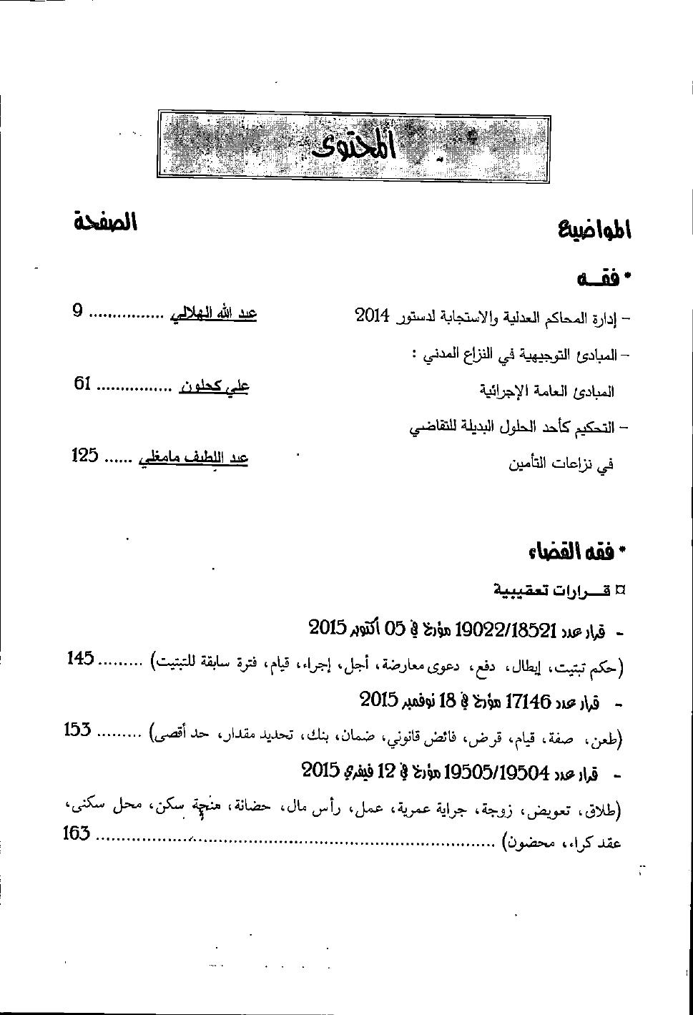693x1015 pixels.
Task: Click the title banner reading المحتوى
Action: (x=354, y=144)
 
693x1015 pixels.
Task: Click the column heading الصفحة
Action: (x=104, y=222)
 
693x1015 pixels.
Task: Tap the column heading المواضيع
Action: (x=595, y=230)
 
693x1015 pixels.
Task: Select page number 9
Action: (x=79, y=311)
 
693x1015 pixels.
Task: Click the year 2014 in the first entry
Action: (x=372, y=315)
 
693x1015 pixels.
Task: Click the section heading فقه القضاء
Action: (x=577, y=551)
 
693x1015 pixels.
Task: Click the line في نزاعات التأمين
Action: (x=561, y=464)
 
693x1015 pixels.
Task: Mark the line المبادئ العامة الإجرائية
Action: (x=546, y=392)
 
